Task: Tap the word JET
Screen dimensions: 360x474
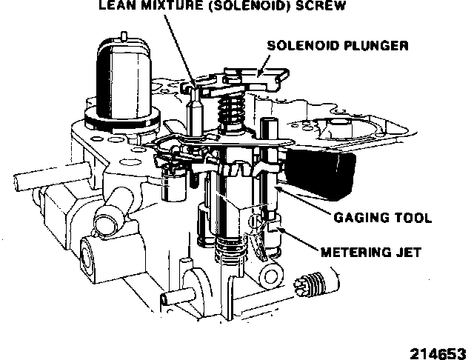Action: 407,253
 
